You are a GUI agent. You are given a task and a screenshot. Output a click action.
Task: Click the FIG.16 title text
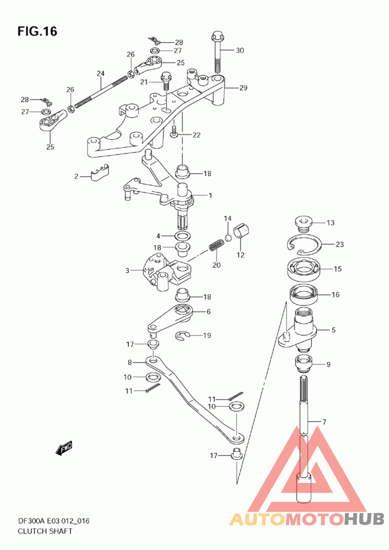pos(37,32)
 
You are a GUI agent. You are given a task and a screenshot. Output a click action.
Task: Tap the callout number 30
pos(239,51)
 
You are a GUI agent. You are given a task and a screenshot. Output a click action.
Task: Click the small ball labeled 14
pos(228,238)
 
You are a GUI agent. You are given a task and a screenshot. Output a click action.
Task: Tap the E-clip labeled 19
pos(182,336)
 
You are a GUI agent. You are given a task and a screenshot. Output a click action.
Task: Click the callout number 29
pos(243,88)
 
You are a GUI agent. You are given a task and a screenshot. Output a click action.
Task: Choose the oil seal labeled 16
pos(304,295)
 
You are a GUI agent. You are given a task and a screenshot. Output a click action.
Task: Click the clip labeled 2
pos(100,172)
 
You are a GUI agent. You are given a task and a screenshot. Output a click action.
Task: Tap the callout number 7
pos(324,422)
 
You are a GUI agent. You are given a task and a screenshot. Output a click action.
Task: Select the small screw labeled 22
pos(174,131)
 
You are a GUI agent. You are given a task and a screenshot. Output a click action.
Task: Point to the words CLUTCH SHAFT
pos(45,531)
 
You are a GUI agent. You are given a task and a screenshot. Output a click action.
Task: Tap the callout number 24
pos(101,73)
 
